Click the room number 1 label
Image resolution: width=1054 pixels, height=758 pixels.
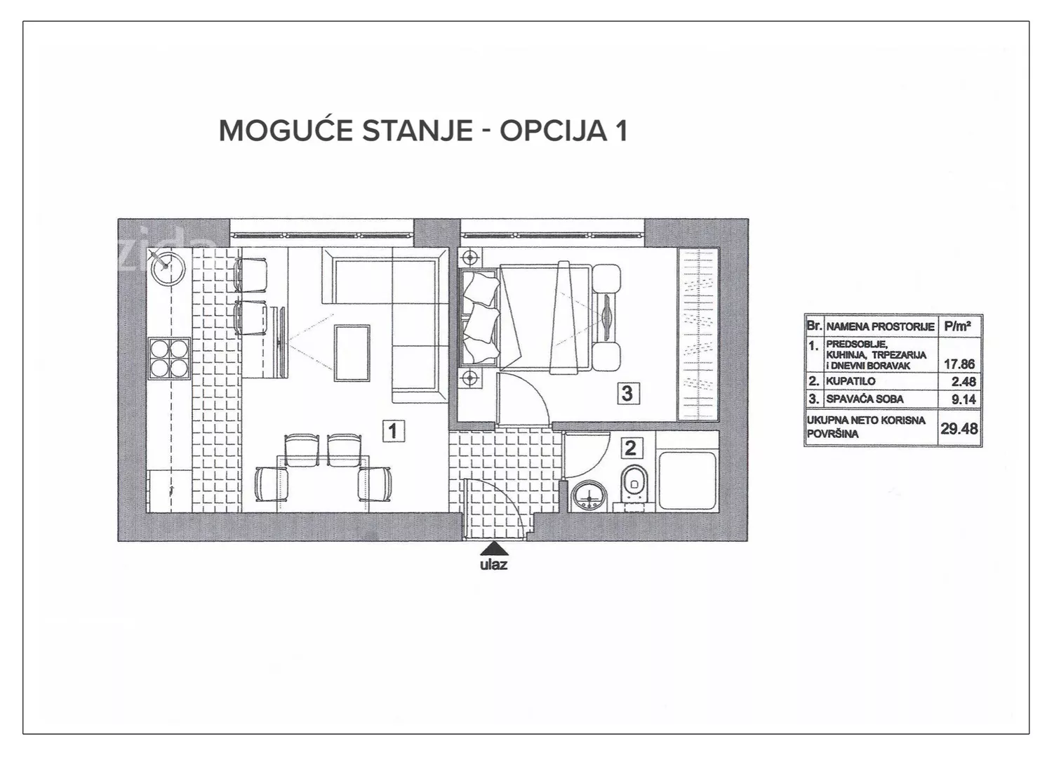(x=394, y=431)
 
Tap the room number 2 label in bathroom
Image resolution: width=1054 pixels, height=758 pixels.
(x=631, y=448)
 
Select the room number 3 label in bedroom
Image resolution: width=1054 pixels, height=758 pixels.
(x=627, y=393)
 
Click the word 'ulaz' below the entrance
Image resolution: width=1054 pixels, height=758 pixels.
(x=493, y=564)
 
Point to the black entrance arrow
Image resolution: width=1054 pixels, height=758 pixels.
(x=493, y=549)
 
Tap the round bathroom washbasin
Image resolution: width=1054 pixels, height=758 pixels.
(x=590, y=496)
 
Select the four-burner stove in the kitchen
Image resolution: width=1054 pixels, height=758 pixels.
(x=169, y=359)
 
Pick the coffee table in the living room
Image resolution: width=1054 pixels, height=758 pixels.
(x=352, y=353)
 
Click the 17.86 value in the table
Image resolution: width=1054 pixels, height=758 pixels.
(x=959, y=364)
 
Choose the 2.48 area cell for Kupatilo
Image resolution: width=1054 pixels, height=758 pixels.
(x=963, y=381)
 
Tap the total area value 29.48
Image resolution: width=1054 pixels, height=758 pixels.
(x=959, y=429)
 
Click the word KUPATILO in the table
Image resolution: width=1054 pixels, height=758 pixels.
(x=850, y=381)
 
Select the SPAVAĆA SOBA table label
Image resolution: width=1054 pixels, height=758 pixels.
(x=865, y=399)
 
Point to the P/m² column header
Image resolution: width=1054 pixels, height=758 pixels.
(x=958, y=326)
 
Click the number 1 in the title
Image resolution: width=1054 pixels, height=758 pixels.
(x=621, y=131)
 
